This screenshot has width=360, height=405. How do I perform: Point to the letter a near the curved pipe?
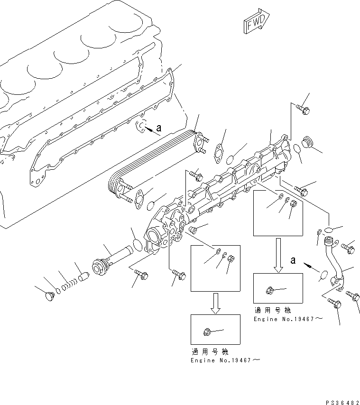click(294, 260)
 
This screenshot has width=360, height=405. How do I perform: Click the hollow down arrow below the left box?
click(215, 303)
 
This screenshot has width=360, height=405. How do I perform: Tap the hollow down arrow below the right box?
click(278, 260)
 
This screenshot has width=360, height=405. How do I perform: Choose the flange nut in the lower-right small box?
click(269, 289)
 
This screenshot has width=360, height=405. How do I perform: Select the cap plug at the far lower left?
click(48, 297)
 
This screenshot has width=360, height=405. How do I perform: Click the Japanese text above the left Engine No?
click(210, 352)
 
